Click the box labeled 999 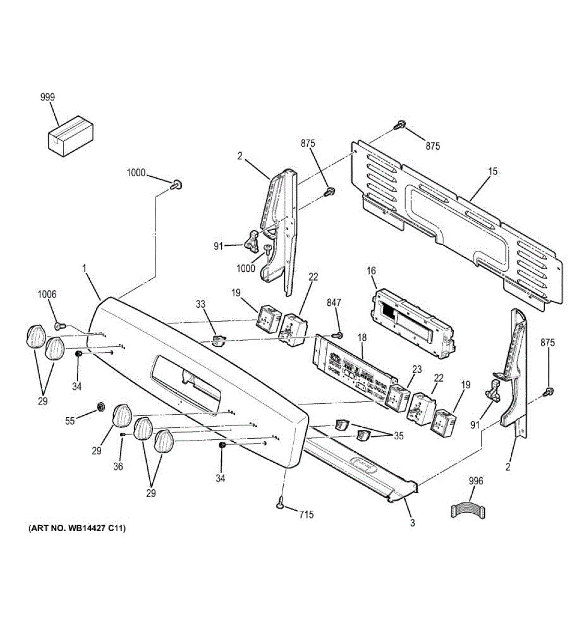click(70, 136)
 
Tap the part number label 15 click(493, 171)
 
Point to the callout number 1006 click(47, 295)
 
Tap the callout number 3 click(412, 523)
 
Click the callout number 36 click(118, 466)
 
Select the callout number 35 click(399, 436)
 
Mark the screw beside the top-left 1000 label click(176, 184)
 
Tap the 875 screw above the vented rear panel click(400, 125)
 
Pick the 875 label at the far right click(548, 343)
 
